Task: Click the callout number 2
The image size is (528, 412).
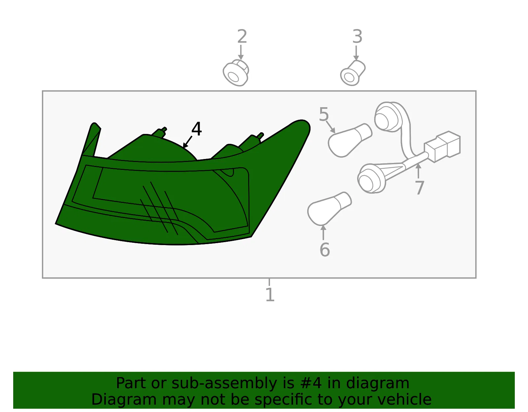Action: point(242,36)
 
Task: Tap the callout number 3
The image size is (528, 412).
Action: point(357,36)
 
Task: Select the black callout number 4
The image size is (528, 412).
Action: point(197,129)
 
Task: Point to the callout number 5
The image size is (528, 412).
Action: point(324,114)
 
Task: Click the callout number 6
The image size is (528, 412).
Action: point(325,249)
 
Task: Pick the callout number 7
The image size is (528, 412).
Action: point(420,187)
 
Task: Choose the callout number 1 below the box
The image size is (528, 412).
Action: point(270,295)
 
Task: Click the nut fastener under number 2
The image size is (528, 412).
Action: point(236,73)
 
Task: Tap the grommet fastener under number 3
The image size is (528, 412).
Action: point(352,73)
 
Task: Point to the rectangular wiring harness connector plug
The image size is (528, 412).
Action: point(442,146)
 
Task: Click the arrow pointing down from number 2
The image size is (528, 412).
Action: point(241,52)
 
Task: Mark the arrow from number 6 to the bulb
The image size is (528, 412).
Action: point(323,233)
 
